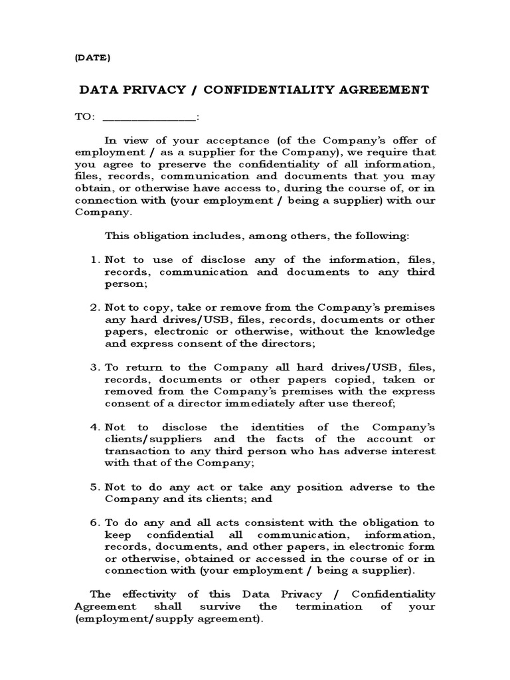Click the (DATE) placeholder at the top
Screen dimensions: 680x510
(x=92, y=57)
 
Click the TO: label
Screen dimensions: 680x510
(x=84, y=117)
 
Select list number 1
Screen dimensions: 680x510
(x=94, y=260)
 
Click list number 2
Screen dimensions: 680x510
(x=94, y=307)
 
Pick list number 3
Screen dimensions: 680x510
(x=94, y=367)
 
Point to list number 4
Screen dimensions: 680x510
(x=94, y=427)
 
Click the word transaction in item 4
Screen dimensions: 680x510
(x=135, y=451)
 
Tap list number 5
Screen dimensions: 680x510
(x=94, y=487)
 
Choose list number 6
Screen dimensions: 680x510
(x=94, y=523)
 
